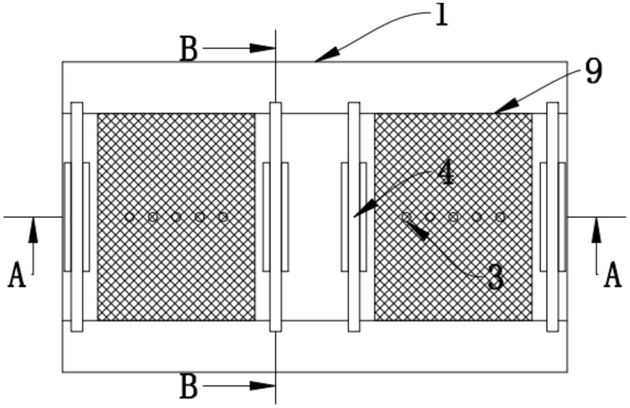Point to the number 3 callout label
(x=496, y=277)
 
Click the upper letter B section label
(x=189, y=49)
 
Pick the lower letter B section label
(x=189, y=386)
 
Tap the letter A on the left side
(x=17, y=274)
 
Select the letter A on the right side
(x=613, y=274)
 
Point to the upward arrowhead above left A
(x=33, y=230)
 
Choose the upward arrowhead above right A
(x=596, y=230)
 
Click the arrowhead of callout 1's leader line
(x=327, y=55)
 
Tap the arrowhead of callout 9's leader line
(x=507, y=106)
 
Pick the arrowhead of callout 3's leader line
(x=417, y=231)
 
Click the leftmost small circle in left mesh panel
(x=129, y=217)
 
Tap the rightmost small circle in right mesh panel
(x=500, y=217)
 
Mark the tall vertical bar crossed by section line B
(x=276, y=217)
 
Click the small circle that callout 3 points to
(x=406, y=216)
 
